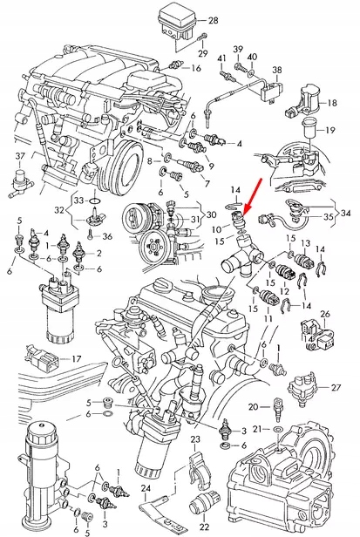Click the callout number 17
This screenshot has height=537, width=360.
pyautogui.click(x=76, y=358)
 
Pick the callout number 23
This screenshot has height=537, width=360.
pyautogui.click(x=195, y=438)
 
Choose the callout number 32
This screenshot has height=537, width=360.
pyautogui.click(x=58, y=210)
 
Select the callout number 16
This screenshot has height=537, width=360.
pyautogui.click(x=195, y=67)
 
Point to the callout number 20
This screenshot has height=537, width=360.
pyautogui.click(x=253, y=406)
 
